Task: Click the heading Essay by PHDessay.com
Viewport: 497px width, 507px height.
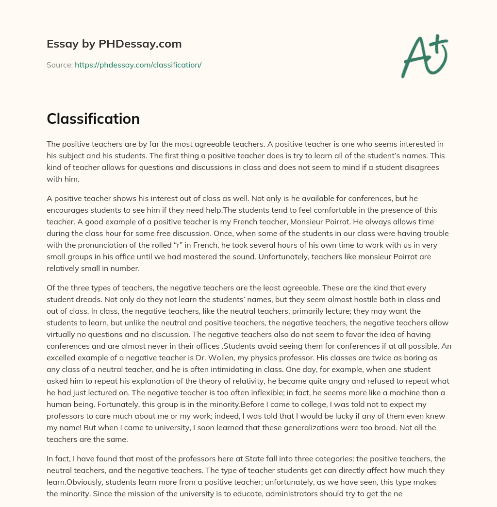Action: [114, 44]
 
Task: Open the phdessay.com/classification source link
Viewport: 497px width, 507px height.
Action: [138, 65]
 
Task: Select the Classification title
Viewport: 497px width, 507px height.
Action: [93, 119]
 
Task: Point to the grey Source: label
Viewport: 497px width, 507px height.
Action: [59, 65]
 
